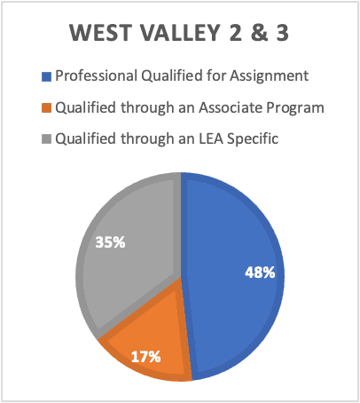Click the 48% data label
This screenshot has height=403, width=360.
pyautogui.click(x=260, y=273)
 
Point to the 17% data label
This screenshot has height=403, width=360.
pyautogui.click(x=145, y=357)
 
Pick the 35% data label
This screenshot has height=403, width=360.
pyautogui.click(x=110, y=242)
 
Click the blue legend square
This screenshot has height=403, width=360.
pyautogui.click(x=46, y=76)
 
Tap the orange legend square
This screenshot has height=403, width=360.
pyautogui.click(x=46, y=108)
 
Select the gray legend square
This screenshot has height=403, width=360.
pyautogui.click(x=46, y=139)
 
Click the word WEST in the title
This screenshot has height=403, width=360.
pyautogui.click(x=100, y=33)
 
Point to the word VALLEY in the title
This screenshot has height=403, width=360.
pyautogui.click(x=179, y=33)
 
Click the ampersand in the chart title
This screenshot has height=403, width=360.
pyautogui.click(x=259, y=33)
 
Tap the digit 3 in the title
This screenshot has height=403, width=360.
pyautogui.click(x=282, y=33)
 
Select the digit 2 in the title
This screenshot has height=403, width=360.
pyautogui.click(x=236, y=33)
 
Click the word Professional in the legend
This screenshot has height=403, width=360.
pyautogui.click(x=96, y=75)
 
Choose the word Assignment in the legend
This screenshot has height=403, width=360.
pyautogui.click(x=270, y=76)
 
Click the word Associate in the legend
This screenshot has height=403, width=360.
pyautogui.click(x=231, y=107)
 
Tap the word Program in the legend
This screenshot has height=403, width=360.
pyautogui.click(x=295, y=108)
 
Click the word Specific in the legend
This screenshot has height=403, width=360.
pyautogui.click(x=253, y=139)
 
